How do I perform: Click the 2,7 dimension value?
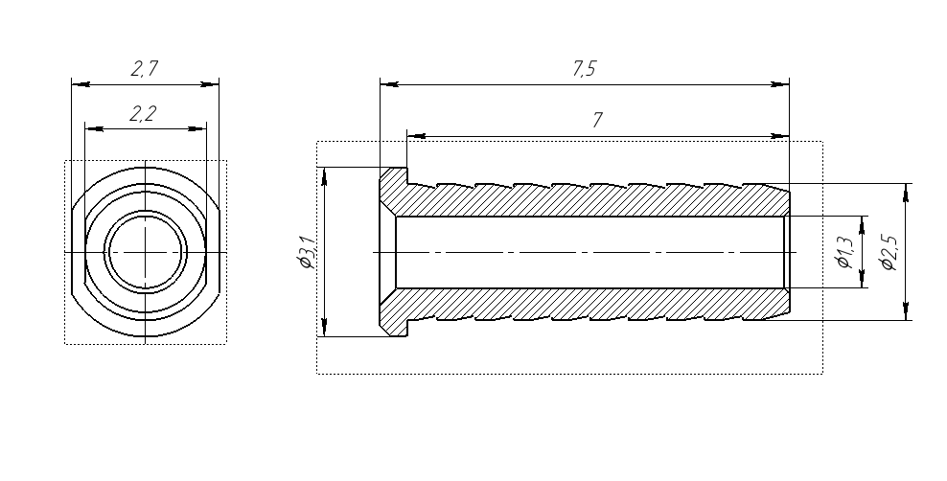click(x=145, y=68)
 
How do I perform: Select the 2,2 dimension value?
click(x=143, y=113)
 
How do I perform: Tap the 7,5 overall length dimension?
click(x=584, y=69)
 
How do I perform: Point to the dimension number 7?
click(x=597, y=120)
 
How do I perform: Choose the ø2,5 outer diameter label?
click(x=889, y=253)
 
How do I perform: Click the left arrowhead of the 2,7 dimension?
click(x=81, y=84)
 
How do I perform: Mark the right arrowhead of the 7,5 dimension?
click(x=779, y=84)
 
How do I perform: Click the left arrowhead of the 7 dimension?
click(x=416, y=136)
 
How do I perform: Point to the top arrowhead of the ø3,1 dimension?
click(x=325, y=177)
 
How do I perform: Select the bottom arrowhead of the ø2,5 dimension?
click(x=906, y=310)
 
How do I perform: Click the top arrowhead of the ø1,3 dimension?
click(x=862, y=225)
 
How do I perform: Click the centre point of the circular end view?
click(x=146, y=252)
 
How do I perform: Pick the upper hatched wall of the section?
click(x=592, y=199)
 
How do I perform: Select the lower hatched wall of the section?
click(x=592, y=304)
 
